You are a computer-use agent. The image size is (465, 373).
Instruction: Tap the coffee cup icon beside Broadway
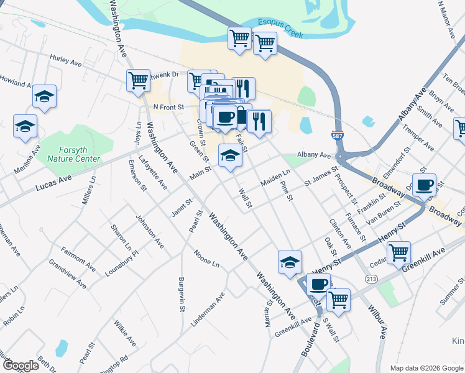(x=425, y=184)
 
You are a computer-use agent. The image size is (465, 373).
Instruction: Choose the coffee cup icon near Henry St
(x=318, y=284)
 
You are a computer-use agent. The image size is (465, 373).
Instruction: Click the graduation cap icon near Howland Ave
(x=44, y=96)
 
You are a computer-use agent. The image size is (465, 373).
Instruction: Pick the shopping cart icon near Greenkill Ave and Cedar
(x=398, y=252)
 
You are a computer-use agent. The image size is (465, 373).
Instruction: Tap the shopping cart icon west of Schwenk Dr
(x=138, y=80)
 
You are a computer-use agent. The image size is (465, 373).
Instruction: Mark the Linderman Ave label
(x=207, y=309)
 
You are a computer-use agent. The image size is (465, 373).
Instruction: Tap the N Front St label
(x=169, y=107)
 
